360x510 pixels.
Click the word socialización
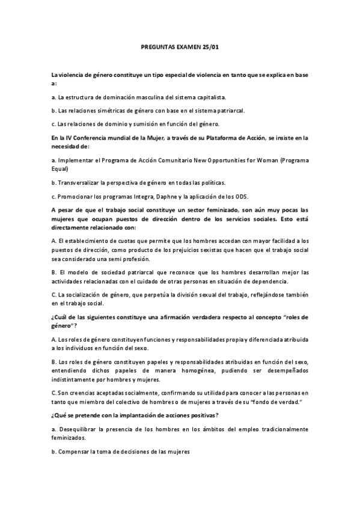tap(82, 295)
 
